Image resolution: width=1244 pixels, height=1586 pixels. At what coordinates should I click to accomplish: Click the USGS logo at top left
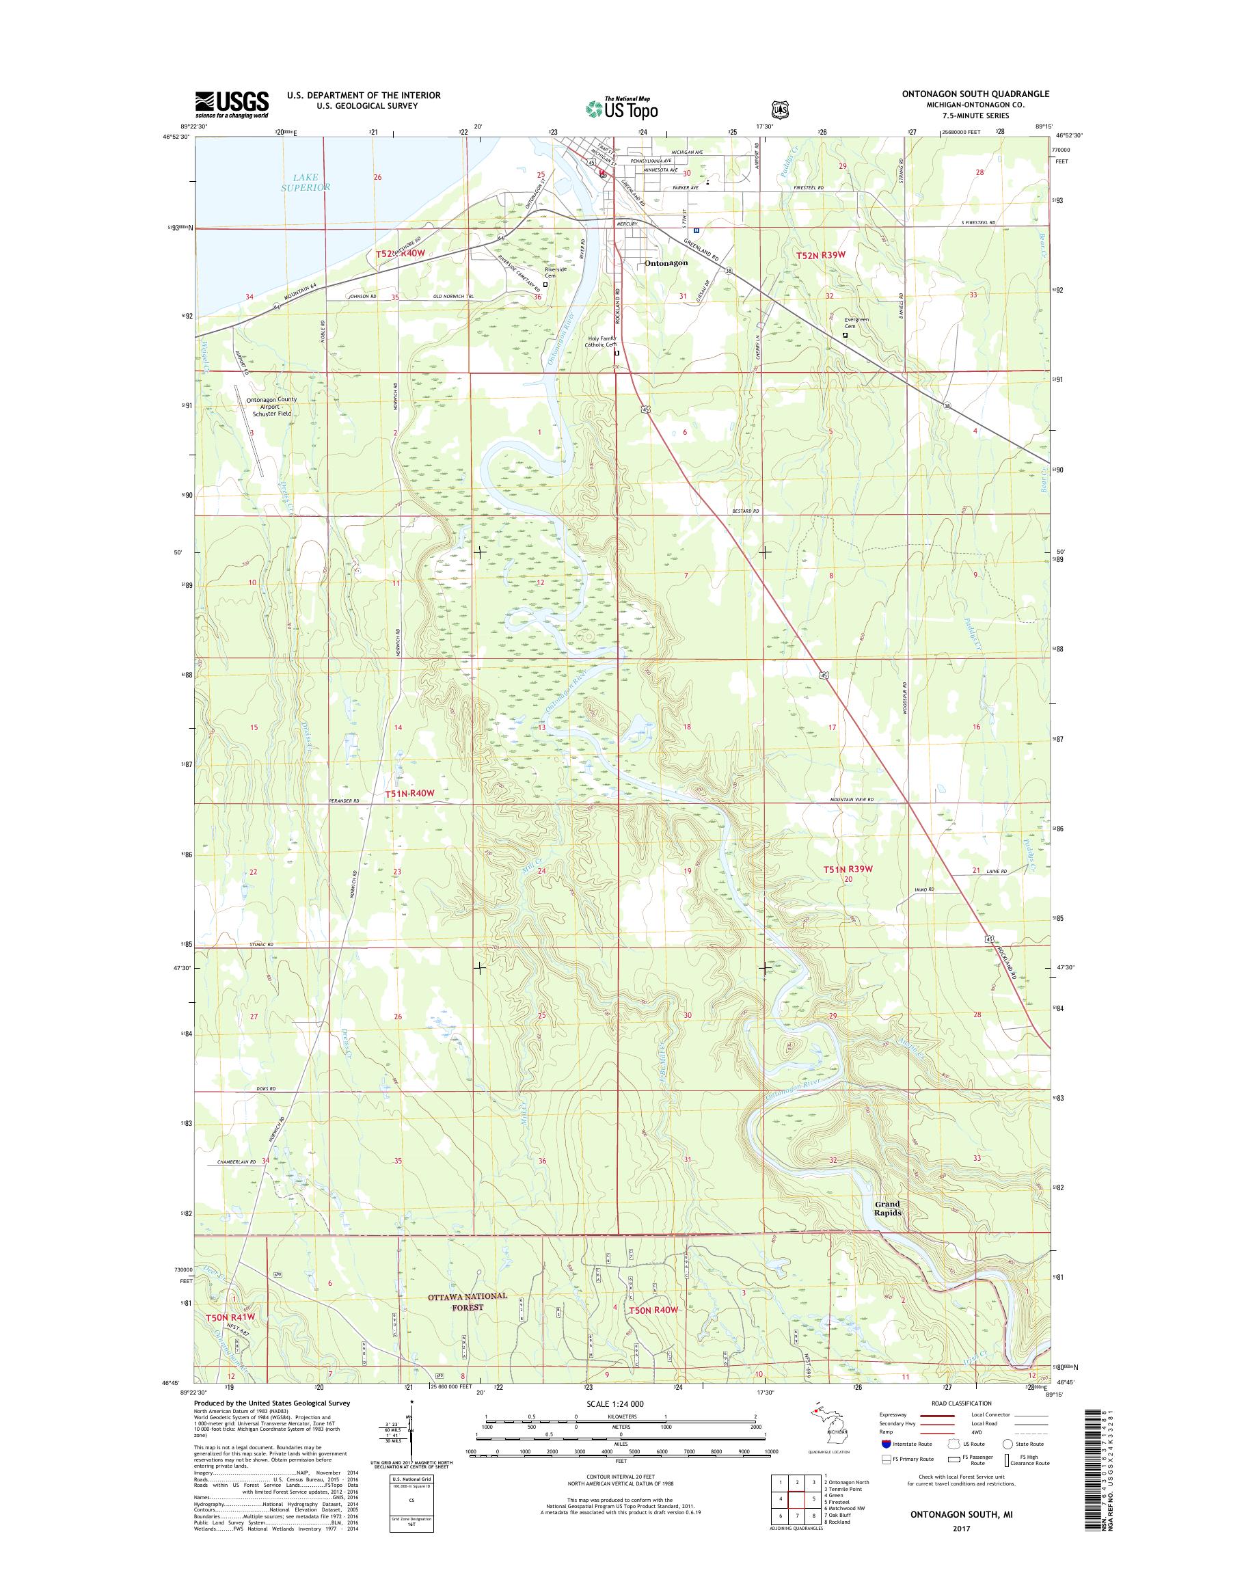231,105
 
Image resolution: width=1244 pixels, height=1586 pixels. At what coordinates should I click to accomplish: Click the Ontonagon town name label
666,263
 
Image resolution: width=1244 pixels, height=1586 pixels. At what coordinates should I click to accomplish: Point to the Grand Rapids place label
888,1209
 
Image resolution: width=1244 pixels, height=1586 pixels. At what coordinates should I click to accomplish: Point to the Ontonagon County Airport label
269,407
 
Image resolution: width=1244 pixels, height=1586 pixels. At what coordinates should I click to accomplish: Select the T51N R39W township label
848,869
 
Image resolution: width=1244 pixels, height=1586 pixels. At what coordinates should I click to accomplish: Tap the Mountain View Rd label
851,800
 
